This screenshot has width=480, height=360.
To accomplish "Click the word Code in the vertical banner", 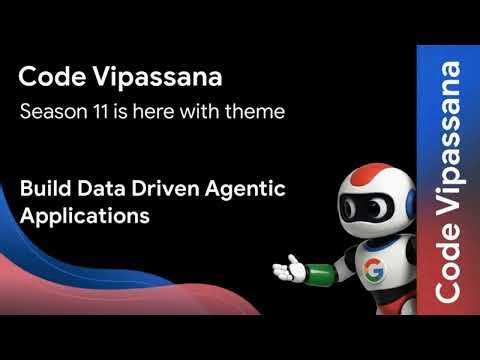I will coord(449,269).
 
